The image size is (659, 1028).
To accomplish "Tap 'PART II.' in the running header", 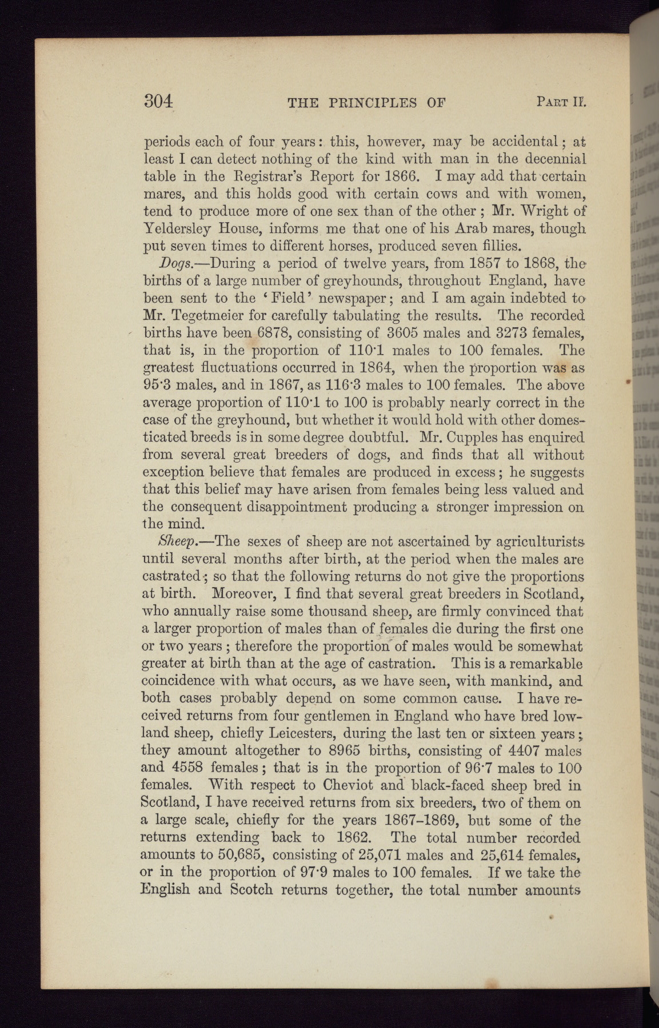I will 562,102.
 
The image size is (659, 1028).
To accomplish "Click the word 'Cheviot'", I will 330,785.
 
